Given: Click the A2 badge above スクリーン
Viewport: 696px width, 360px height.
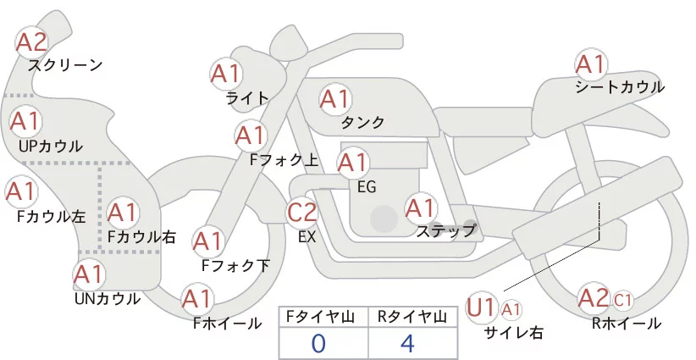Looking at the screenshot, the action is point(31,42).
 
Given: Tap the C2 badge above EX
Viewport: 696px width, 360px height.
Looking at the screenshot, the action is point(302,212).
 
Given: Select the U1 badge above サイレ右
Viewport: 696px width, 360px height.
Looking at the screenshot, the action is point(481,307).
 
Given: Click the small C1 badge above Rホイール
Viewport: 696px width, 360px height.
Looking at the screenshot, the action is point(622,301).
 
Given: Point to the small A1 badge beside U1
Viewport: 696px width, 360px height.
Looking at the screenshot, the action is point(511,309).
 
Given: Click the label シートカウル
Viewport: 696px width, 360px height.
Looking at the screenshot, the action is point(620,87).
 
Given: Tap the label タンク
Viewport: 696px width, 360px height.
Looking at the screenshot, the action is point(362,122).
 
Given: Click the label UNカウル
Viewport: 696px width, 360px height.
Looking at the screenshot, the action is point(108,299).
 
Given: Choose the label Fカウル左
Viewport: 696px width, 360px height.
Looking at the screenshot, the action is point(51,217).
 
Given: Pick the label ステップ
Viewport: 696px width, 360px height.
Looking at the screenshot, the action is point(446,231).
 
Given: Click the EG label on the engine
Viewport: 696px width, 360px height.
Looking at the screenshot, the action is point(367,187).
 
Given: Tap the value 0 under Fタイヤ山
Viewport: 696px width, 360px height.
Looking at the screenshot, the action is point(318,344).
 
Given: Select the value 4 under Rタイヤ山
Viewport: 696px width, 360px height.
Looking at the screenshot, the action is point(407,343).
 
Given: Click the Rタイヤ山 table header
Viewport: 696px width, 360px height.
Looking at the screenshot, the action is point(412,317).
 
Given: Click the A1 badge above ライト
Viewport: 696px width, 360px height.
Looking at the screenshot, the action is point(226,74).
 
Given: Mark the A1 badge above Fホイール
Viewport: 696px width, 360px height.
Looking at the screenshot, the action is point(197,299).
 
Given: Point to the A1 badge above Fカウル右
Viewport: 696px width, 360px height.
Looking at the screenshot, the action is point(123,213).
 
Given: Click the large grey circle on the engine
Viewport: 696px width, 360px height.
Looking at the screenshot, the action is point(384,219).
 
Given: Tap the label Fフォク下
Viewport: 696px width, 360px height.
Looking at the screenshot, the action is point(235,265).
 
